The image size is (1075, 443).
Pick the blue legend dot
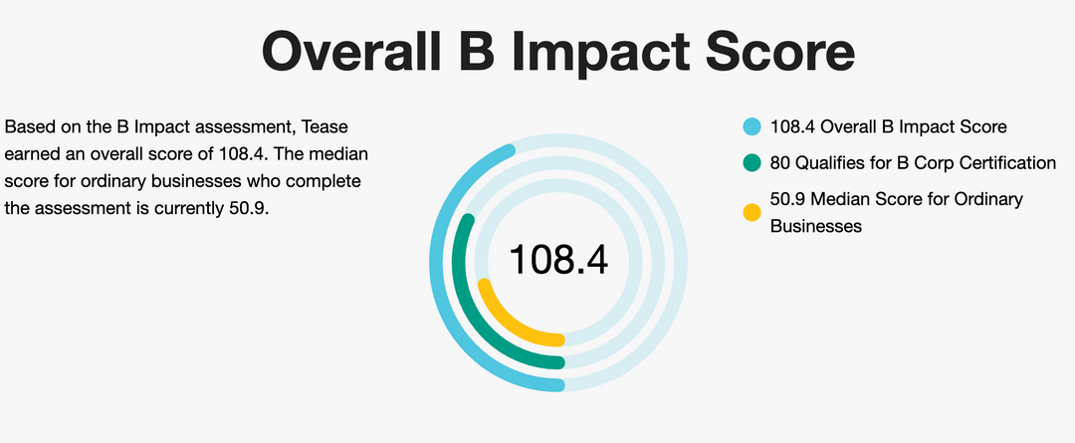pyautogui.click(x=752, y=127)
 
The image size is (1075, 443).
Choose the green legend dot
pyautogui.click(x=752, y=162)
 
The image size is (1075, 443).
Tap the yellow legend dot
pyautogui.click(x=752, y=212)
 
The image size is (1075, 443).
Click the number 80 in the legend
pyautogui.click(x=779, y=162)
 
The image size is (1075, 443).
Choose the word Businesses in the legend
pyautogui.click(x=815, y=226)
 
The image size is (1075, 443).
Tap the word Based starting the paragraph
pyautogui.click(x=27, y=127)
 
